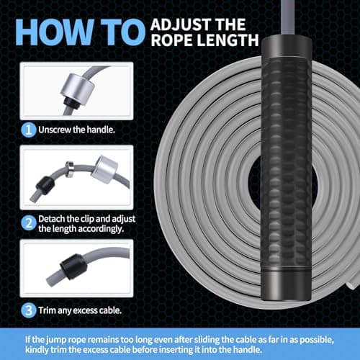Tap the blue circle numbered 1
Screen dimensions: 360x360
click(29, 130)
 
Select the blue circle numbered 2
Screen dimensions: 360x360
click(29, 223)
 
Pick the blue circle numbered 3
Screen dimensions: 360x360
click(29, 310)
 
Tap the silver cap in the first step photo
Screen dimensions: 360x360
click(78, 89)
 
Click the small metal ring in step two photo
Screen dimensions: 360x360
click(70, 169)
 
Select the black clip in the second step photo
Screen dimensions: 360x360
click(45, 186)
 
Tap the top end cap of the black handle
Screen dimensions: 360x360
click(287, 47)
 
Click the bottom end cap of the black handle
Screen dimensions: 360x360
click(286, 286)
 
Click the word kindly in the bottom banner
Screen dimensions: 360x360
click(37, 349)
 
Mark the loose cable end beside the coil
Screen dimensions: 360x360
click(352, 284)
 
